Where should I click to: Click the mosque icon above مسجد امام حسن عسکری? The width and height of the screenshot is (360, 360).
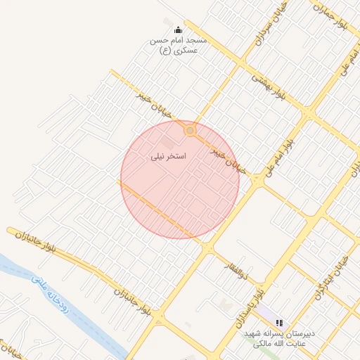[178, 30]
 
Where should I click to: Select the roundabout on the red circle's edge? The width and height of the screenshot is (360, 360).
[189, 131]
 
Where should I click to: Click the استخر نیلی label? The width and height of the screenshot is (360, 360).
[169, 156]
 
